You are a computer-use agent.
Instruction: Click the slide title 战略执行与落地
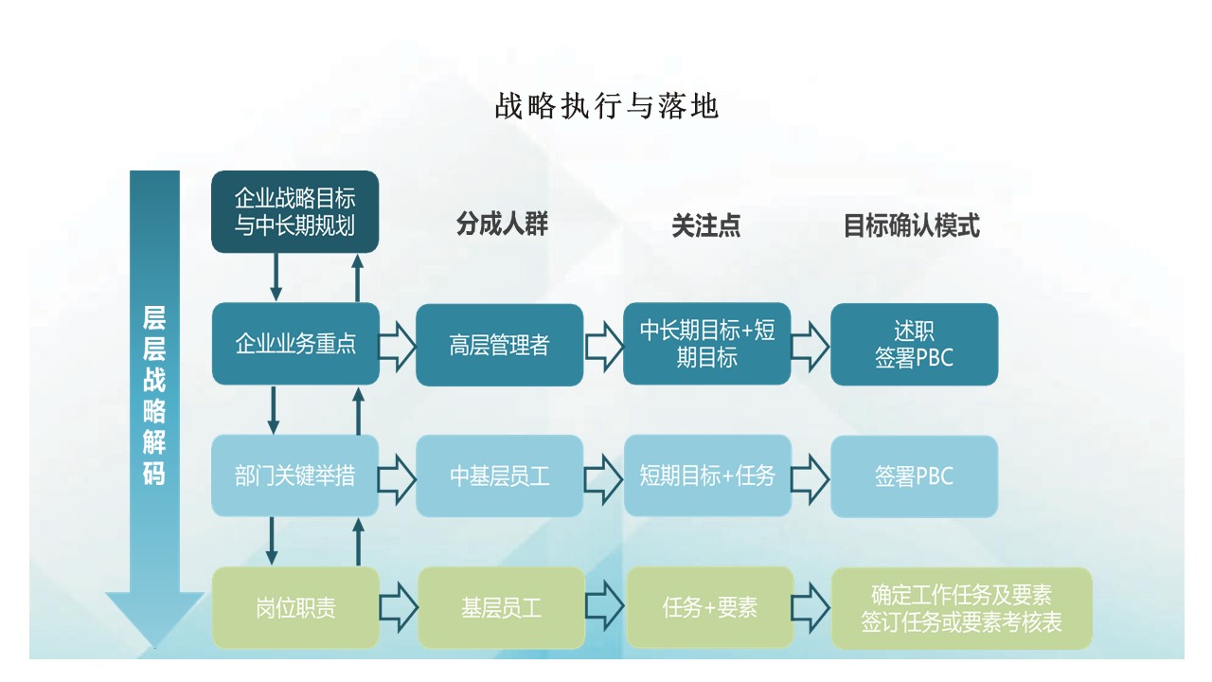coord(607,105)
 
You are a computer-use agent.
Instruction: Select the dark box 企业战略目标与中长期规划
coord(294,211)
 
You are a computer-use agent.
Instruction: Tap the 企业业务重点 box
coord(295,344)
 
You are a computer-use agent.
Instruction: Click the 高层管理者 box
coord(499,345)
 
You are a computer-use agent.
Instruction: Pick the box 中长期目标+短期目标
coord(707,344)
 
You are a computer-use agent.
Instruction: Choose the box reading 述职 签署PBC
coord(915,344)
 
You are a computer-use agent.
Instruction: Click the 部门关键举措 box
coord(294,476)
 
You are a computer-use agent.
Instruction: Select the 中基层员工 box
coord(499,476)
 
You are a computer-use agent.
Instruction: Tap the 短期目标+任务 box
coord(707,476)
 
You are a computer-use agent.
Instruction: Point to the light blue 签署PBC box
coord(915,476)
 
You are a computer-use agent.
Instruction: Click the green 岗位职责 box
coord(295,607)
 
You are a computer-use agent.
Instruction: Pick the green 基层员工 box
coord(502,607)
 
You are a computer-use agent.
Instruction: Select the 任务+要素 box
coord(710,607)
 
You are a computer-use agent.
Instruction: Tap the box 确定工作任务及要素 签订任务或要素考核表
coord(961,608)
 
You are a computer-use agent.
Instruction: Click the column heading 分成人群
coord(502,224)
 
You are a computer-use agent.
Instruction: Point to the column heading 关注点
coord(706,225)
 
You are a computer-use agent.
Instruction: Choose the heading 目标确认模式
coord(912,225)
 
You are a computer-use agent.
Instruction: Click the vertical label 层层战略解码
coord(154,396)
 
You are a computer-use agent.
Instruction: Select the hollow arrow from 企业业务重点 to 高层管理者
coord(397,347)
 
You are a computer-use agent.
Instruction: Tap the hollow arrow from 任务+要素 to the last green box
coord(811,608)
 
